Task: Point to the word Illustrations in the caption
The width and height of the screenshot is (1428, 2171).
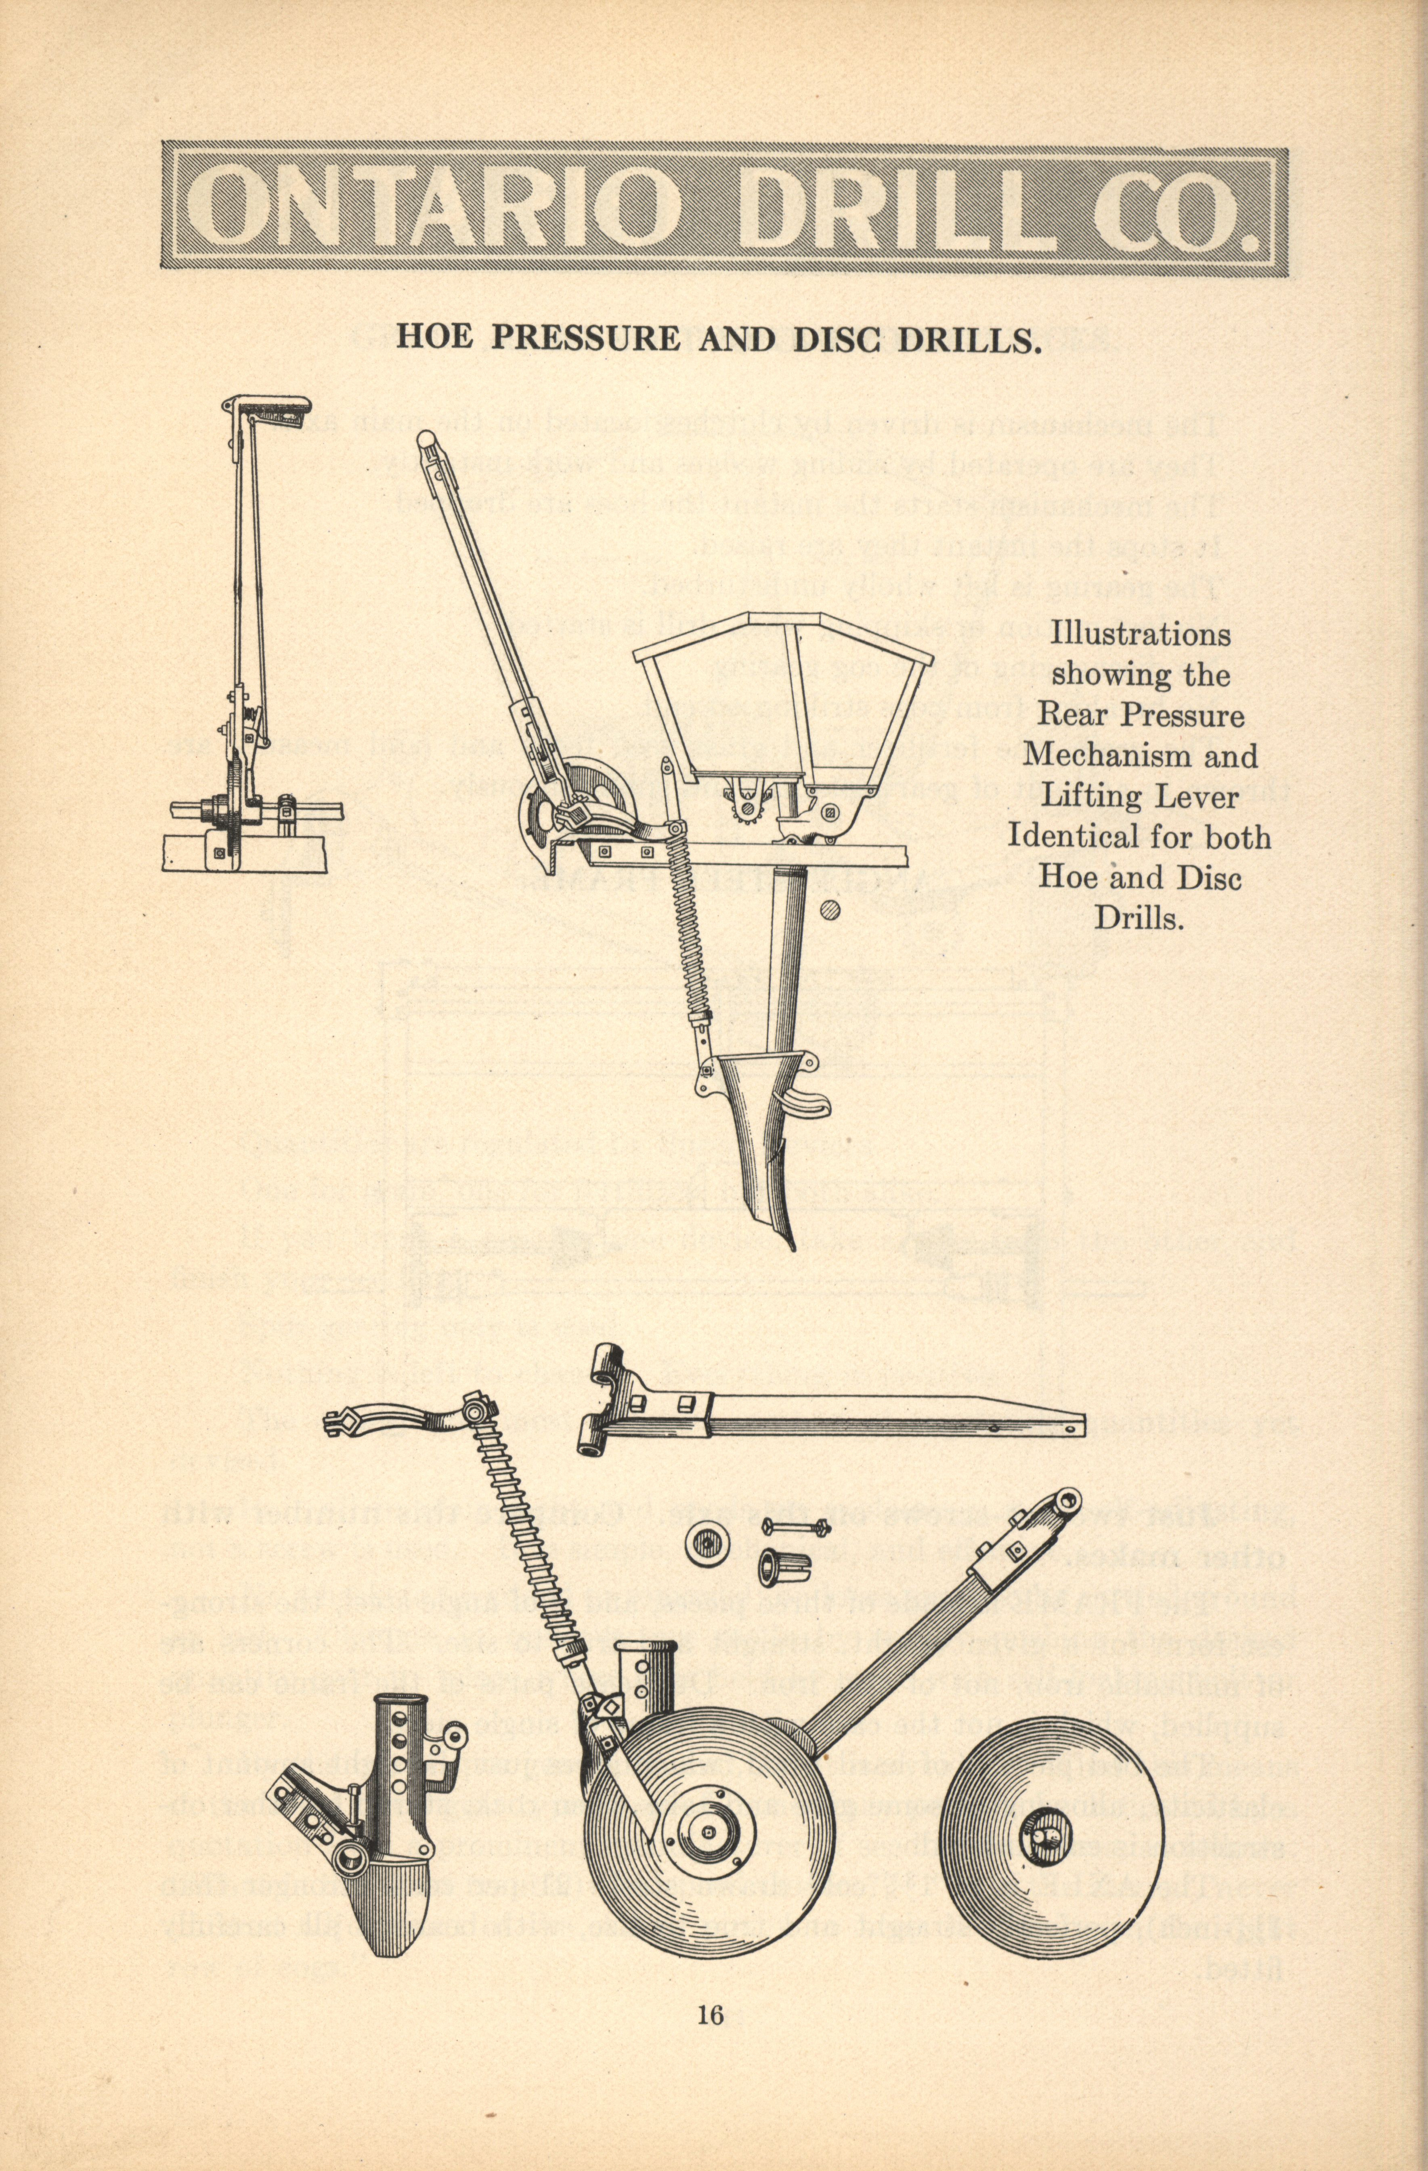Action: tap(1140, 634)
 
